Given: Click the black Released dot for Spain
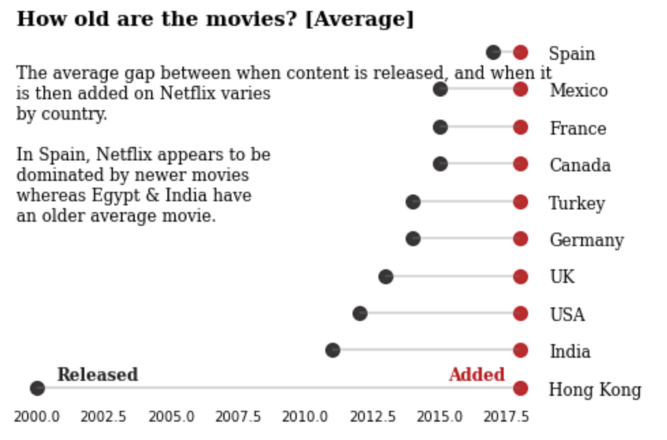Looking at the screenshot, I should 493,52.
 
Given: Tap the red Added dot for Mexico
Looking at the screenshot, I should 521,89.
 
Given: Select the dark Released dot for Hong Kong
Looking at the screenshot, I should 37,388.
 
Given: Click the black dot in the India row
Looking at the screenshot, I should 333,350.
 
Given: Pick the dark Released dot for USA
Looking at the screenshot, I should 360,314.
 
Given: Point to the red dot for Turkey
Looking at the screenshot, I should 521,202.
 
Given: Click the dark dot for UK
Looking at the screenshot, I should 386,277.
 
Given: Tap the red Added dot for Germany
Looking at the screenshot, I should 521,239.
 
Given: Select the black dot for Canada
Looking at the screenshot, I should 440,164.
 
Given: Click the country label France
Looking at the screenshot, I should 578,129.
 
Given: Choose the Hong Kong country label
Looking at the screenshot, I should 595,390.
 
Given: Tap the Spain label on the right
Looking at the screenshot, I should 572,54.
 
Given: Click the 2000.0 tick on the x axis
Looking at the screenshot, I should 37,416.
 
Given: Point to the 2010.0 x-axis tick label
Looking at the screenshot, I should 305,416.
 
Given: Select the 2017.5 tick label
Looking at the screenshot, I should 506,416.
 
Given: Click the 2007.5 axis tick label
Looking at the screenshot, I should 238,416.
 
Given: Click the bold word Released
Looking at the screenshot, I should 97,375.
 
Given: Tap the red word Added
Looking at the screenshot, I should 476,375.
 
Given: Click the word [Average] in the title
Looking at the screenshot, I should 359,19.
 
